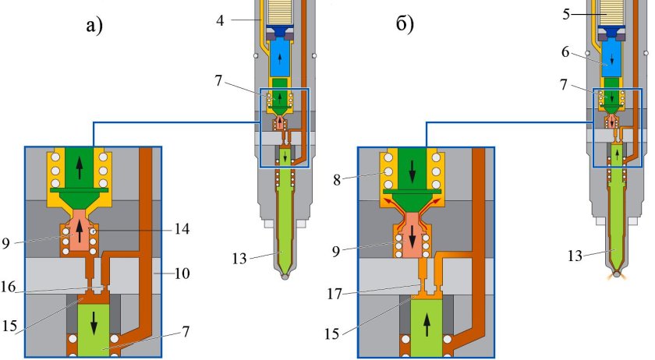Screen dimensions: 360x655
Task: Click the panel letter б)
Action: tap(405, 25)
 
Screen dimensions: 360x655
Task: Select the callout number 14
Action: tap(181, 229)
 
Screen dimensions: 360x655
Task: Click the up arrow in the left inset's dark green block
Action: tap(76, 166)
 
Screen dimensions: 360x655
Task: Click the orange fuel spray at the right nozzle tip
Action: tap(619, 277)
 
